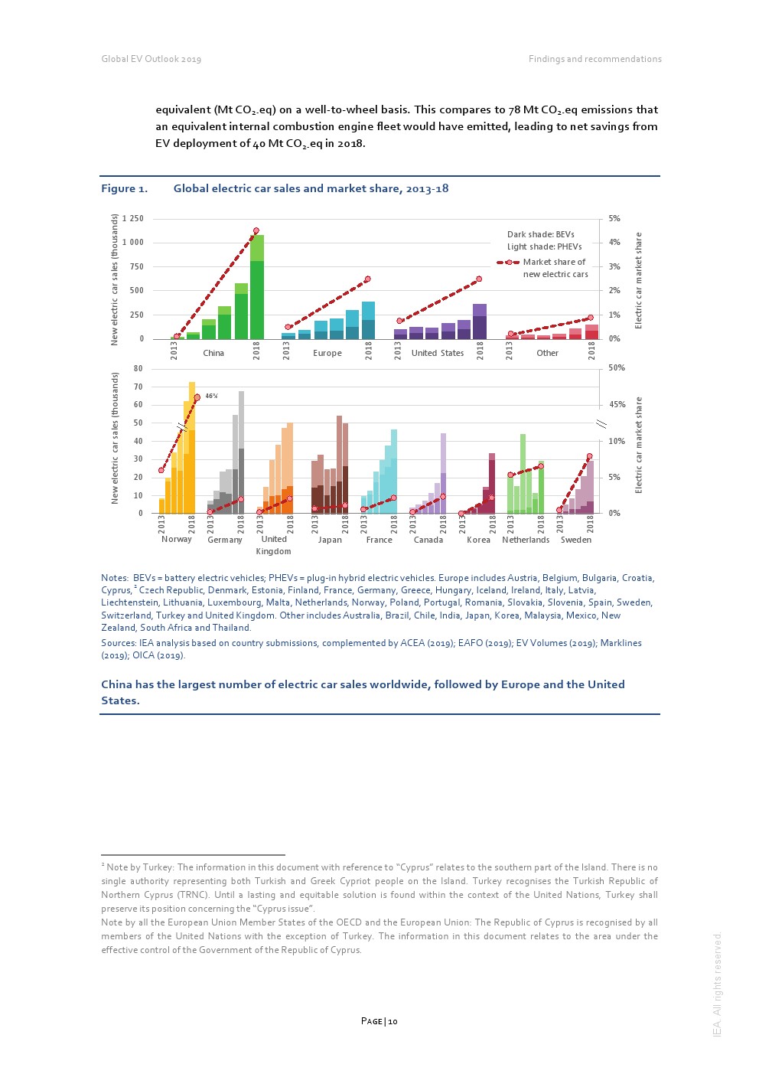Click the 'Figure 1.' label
coord(124,189)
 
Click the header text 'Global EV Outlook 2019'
coord(151,59)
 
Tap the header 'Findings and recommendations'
coord(594,59)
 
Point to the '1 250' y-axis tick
coord(133,219)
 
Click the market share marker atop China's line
coord(256,230)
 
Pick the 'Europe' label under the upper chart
coord(327,354)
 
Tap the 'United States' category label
coord(438,354)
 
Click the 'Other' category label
coord(547,354)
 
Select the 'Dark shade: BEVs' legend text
coord(540,235)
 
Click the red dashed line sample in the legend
coord(508,263)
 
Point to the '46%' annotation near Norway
coord(211,396)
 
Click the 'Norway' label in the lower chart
coord(177,540)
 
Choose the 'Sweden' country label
coord(576,540)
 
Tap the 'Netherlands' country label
coord(526,540)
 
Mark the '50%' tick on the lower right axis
coord(617,368)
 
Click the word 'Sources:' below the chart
coord(118,643)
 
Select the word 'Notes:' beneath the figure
coord(115,578)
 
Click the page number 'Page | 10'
coord(379,1021)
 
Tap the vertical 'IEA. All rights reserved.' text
coord(717,984)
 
